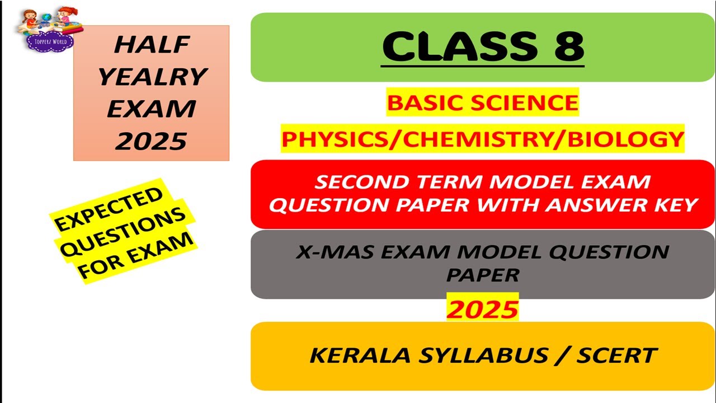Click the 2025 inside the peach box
pos(151,141)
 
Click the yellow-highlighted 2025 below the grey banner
pos(482,308)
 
